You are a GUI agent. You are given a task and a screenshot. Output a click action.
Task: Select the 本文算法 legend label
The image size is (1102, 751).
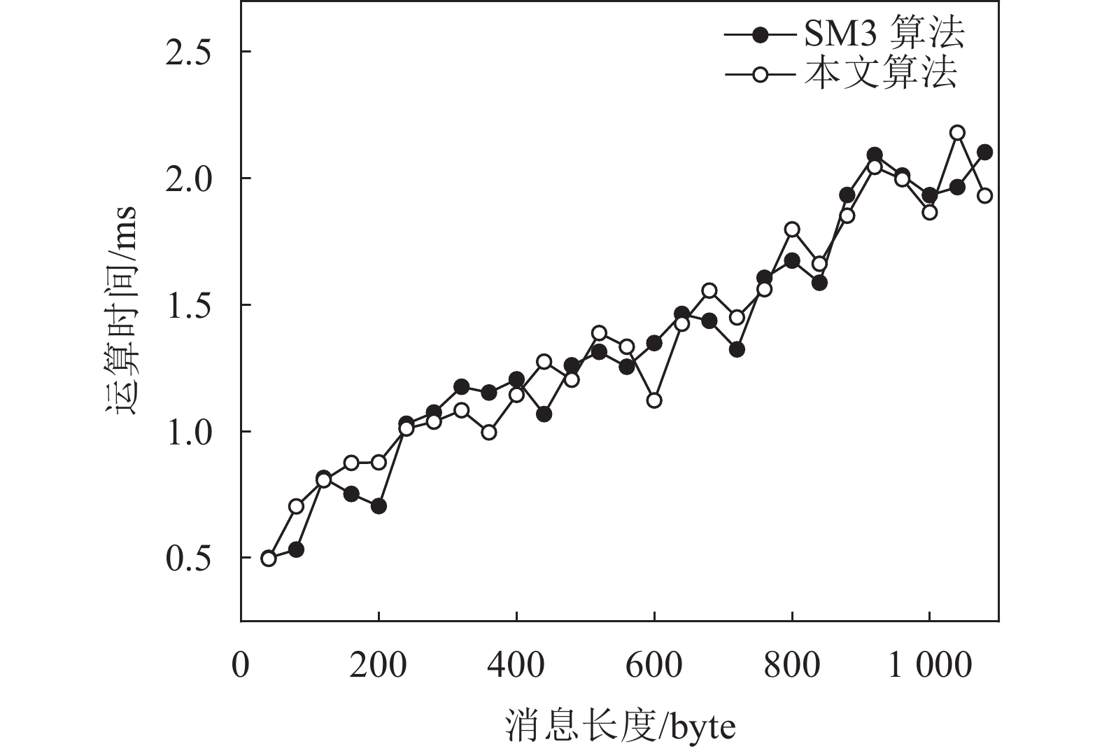tap(880, 73)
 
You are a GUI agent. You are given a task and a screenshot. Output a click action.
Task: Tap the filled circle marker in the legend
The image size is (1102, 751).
tap(761, 34)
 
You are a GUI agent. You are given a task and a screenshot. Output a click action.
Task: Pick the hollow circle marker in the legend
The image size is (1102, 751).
tap(761, 73)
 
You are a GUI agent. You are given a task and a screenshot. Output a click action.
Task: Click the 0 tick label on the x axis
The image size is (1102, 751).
tap(241, 665)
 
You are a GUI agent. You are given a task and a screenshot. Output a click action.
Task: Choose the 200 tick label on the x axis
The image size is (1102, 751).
tap(379, 665)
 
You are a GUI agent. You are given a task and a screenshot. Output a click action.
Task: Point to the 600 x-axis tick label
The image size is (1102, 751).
tap(654, 665)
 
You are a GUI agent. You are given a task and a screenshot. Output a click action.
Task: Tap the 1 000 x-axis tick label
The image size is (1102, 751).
tap(930, 665)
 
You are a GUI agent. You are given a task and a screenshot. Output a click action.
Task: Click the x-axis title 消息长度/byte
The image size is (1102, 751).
tap(620, 727)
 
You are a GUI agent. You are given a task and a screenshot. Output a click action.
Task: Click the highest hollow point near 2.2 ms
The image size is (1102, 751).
tap(957, 133)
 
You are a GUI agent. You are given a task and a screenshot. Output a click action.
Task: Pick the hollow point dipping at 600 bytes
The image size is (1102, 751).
tap(654, 400)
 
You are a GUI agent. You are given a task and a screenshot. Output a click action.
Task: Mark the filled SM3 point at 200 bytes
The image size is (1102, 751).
tap(379, 506)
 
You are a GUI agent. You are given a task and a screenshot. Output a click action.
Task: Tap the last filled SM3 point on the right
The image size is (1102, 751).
tap(984, 152)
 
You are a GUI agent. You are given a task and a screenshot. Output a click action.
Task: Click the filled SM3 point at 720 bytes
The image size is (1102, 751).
tap(737, 349)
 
